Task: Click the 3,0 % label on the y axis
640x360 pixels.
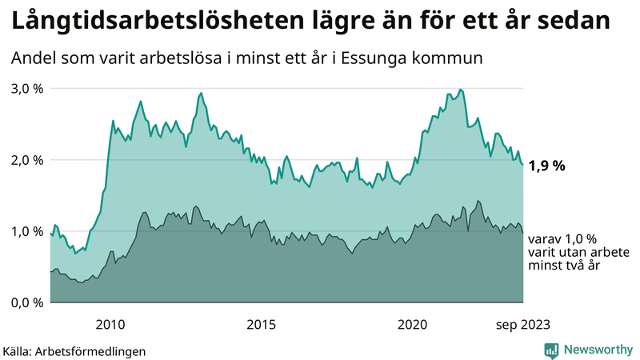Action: tap(26, 88)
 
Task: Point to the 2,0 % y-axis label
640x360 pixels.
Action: tap(26, 159)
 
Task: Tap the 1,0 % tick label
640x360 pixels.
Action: tap(26, 231)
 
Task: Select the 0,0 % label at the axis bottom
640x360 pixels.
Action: tap(26, 302)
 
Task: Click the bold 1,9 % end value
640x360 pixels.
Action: tap(549, 166)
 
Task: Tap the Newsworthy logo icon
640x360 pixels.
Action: tap(551, 350)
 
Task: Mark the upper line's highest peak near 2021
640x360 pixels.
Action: tap(460, 89)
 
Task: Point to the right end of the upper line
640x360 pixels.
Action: tap(522, 165)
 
